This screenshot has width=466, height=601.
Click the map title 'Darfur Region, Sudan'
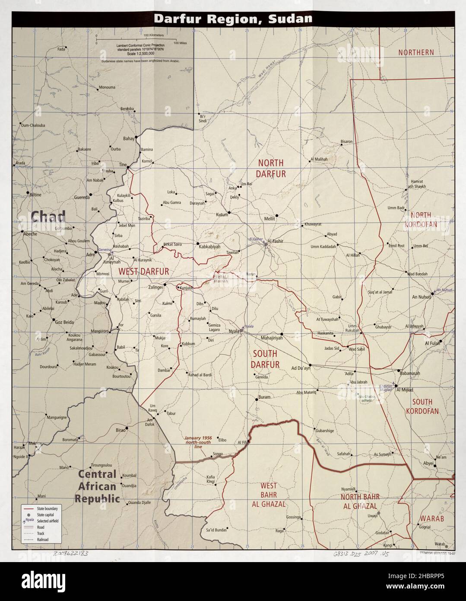pyautogui.click(x=233, y=19)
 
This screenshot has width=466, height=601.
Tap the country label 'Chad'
pyautogui.click(x=48, y=216)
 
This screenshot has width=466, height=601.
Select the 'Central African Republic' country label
pyautogui.click(x=97, y=486)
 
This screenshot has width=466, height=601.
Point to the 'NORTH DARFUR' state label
pyautogui.click(x=271, y=168)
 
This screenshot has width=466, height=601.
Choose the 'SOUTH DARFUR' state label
pyautogui.click(x=265, y=358)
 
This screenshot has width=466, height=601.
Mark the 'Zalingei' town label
pyautogui.click(x=155, y=287)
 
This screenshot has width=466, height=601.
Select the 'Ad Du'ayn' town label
pyautogui.click(x=301, y=368)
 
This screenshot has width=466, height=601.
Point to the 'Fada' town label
pyautogui.click(x=61, y=49)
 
